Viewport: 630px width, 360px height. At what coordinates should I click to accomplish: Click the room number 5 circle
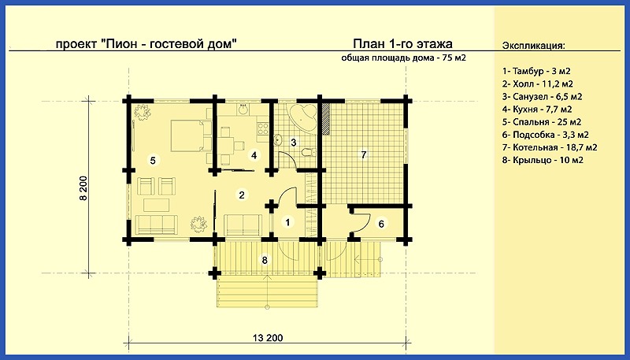point(153,161)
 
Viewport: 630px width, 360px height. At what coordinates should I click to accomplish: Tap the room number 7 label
point(364,154)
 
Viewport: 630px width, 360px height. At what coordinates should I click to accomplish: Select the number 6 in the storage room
point(381,224)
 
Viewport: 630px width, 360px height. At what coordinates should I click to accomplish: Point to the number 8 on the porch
point(265,261)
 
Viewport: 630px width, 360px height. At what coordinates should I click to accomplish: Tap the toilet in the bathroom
point(308,152)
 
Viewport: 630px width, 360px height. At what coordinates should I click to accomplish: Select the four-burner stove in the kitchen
point(263,128)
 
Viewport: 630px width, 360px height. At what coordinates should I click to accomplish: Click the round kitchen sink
point(243,109)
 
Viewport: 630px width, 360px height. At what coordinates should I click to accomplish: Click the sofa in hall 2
point(243,225)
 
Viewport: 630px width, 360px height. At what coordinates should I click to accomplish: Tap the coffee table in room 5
point(156,205)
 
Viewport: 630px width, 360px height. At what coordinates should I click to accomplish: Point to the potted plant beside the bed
point(142,112)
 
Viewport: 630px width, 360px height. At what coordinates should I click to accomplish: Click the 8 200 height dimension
point(83,187)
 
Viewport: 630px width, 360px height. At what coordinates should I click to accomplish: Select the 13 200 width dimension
point(268,337)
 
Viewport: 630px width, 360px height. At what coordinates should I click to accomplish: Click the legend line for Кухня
point(537,109)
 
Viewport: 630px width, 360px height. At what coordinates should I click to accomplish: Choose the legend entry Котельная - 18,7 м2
point(550,147)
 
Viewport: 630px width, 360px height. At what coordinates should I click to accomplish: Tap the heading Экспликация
point(534,46)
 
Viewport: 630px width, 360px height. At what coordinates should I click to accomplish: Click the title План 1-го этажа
point(403,43)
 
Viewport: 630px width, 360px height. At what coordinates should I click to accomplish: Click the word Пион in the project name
point(120,43)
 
